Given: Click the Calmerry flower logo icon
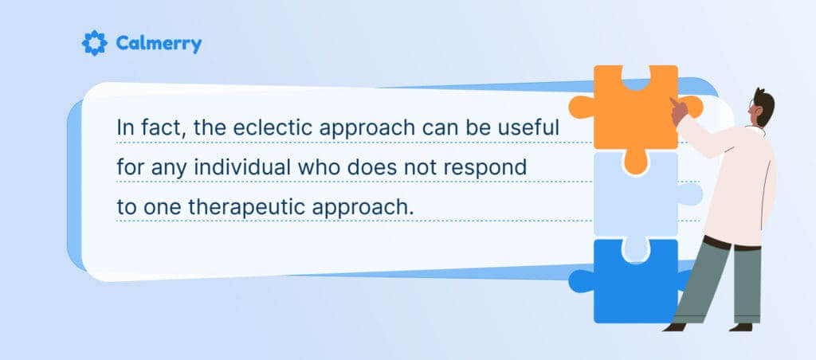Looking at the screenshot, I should pyautogui.click(x=94, y=42).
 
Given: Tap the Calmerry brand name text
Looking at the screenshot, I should pyautogui.click(x=158, y=43).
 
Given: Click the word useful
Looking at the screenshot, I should pyautogui.click(x=538, y=128).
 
